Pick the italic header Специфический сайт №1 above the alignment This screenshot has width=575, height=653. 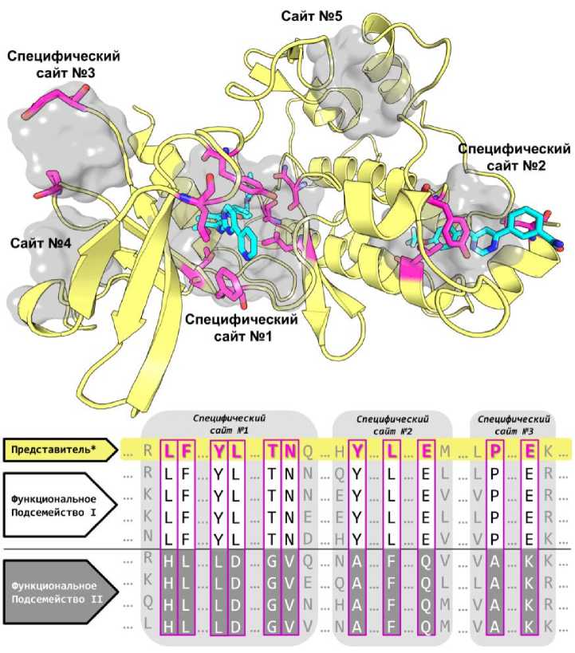point(231,423)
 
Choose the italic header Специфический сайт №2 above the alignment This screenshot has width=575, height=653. point(392,423)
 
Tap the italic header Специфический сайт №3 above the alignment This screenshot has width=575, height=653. point(512,423)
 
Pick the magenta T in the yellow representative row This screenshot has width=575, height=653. point(272,451)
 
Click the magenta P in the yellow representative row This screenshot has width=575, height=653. point(495,451)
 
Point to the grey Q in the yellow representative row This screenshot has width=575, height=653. point(309,451)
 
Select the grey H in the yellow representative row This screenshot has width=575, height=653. point(339,451)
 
